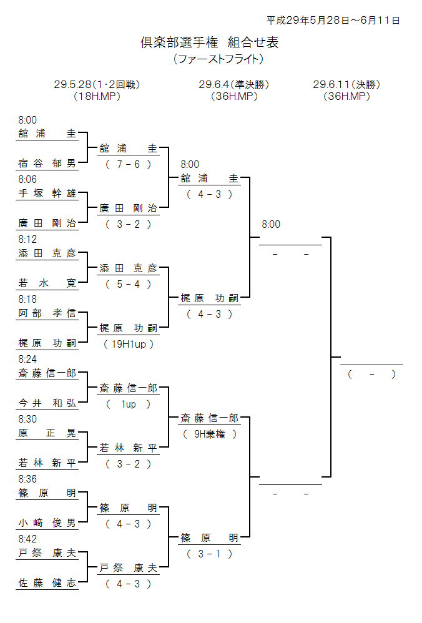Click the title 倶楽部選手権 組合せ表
click(209, 42)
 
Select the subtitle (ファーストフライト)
click(218, 59)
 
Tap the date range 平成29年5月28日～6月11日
click(333, 20)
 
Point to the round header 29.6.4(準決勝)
click(233, 84)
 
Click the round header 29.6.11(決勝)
click(346, 84)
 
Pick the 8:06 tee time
click(27, 179)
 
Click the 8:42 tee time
click(27, 539)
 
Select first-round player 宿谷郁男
click(47, 164)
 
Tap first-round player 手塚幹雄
click(47, 194)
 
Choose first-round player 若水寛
click(47, 283)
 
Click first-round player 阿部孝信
click(47, 313)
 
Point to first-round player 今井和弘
click(47, 403)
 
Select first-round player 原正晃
click(47, 433)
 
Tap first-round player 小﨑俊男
click(47, 523)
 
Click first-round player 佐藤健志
click(47, 583)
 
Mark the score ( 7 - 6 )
click(129, 165)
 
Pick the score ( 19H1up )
click(129, 344)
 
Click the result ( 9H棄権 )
click(209, 434)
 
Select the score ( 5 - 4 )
click(129, 284)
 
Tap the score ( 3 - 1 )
click(209, 554)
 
